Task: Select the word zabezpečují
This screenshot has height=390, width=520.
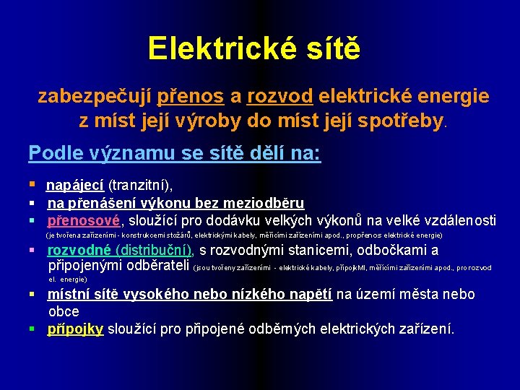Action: point(96,96)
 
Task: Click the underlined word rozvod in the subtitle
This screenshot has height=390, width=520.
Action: point(279,96)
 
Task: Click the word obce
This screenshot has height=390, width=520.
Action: point(64,311)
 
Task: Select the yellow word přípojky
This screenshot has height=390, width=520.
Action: point(76,329)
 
